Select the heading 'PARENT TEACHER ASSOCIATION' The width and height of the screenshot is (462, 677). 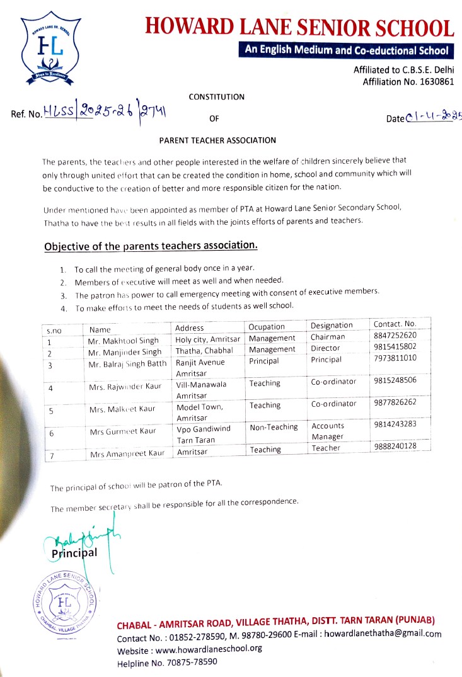pyautogui.click(x=217, y=140)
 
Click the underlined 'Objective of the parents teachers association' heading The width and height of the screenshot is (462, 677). pyautogui.click(x=151, y=245)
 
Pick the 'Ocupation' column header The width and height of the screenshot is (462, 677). pyautogui.click(x=267, y=327)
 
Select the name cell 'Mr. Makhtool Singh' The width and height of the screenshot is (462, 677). pyautogui.click(x=124, y=341)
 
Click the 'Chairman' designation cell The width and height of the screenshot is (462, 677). pyautogui.click(x=328, y=337)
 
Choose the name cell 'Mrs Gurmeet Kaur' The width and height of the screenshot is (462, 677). pyautogui.click(x=122, y=431)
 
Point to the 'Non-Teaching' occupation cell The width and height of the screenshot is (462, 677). pyautogui.click(x=274, y=427)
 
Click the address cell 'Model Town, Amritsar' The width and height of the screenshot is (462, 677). pyautogui.click(x=200, y=412)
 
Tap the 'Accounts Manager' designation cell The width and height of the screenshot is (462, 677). pyautogui.click(x=328, y=431)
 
